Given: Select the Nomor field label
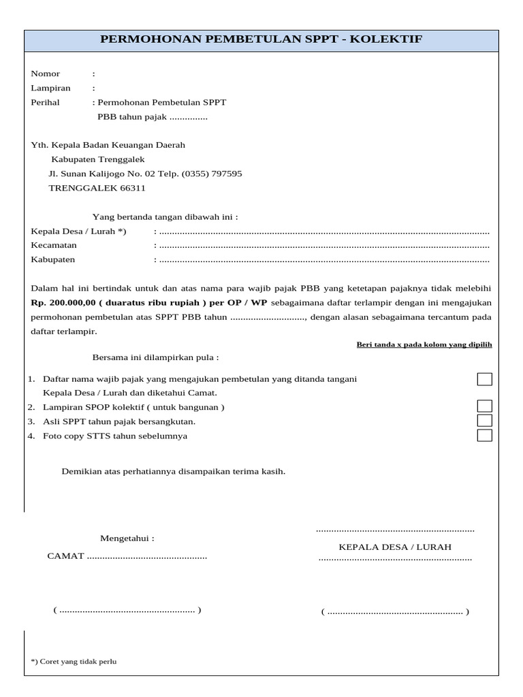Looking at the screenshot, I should [46, 74].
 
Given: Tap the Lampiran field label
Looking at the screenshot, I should [50, 88].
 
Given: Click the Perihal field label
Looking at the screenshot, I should [46, 102].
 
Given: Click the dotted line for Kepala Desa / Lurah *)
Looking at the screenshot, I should [323, 231].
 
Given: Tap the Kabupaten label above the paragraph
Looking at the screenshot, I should [53, 259].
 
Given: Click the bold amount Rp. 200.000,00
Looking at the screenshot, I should [62, 302].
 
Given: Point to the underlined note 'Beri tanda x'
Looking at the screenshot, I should [424, 344].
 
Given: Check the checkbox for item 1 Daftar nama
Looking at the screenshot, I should [484, 379].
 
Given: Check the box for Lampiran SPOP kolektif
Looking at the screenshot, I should [484, 406].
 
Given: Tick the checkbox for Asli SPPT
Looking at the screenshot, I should [484, 421].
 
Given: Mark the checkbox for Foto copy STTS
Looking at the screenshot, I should [484, 436].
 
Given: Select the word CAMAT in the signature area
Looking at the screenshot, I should [65, 556].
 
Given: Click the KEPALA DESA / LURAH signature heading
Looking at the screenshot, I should [395, 547].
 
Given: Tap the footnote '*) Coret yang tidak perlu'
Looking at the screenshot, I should [74, 661].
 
